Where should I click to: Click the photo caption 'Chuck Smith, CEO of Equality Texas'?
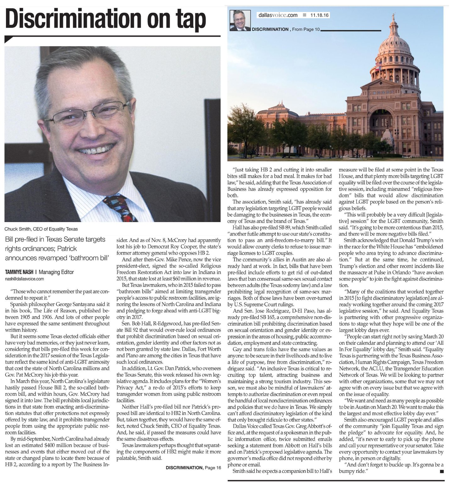pos(41,229)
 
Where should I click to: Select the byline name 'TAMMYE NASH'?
pos(19,272)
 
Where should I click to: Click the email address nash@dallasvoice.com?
pos(25,279)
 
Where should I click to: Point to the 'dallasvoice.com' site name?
pos(278,15)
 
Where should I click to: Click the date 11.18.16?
pos(319,15)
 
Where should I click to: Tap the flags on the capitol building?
pos(379,65)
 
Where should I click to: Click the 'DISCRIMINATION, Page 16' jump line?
pos(193,468)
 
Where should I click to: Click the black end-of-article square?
pos(442,471)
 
